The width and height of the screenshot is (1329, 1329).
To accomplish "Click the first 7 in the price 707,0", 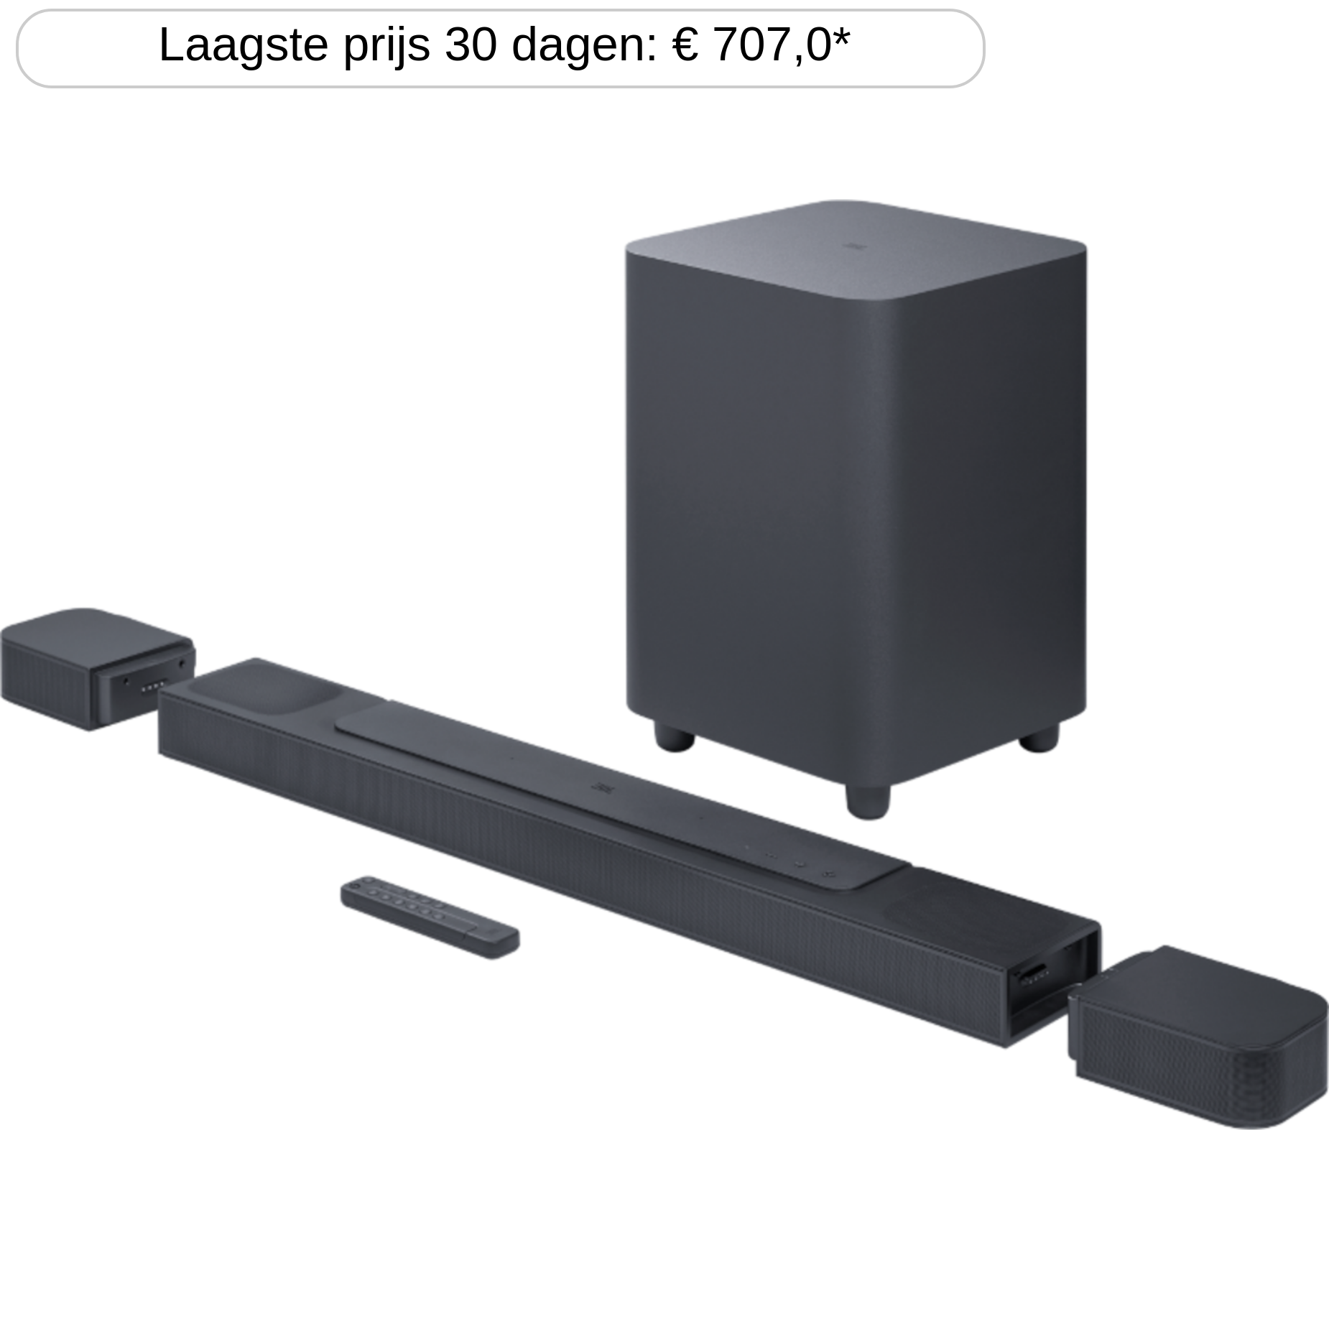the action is point(727,45).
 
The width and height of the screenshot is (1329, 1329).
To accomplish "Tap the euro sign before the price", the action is point(685,45).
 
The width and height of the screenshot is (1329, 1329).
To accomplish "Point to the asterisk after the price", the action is point(841,36).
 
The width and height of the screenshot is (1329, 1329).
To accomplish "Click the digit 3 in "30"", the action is point(457,45).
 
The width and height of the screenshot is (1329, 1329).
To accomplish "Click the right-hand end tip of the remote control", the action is point(519,938).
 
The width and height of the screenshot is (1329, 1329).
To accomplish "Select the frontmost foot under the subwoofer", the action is point(868,801).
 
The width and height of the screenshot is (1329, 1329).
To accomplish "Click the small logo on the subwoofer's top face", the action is point(854,246).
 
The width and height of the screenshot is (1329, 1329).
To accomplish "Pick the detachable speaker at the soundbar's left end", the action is point(97,669).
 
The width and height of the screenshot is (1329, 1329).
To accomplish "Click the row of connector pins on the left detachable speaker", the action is point(151,687).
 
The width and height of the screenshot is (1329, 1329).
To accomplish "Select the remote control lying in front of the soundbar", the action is point(430,917).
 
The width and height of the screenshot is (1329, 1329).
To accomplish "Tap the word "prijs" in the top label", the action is point(386,47).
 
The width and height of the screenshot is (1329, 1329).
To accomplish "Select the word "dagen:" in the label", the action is point(584,47).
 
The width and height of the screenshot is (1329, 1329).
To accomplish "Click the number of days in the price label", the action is point(471,45).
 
